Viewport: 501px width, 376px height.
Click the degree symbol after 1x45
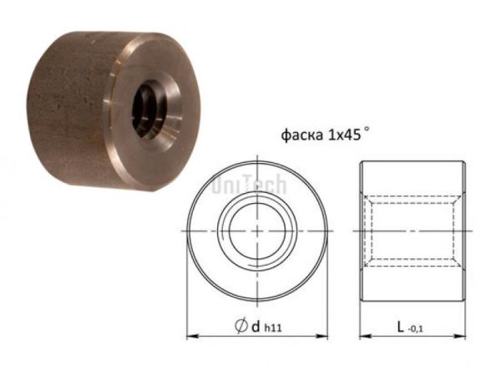[365, 130]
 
